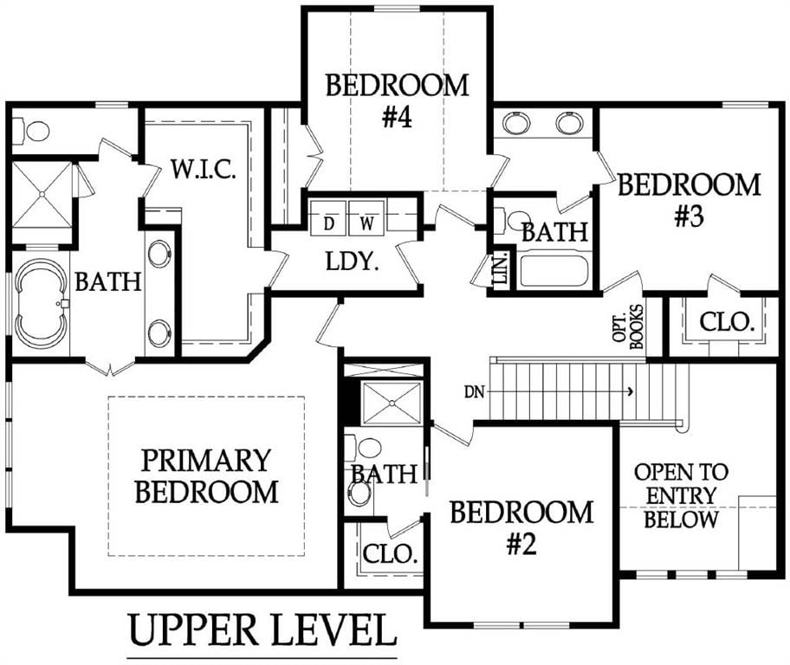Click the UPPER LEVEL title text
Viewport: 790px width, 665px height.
click(x=262, y=630)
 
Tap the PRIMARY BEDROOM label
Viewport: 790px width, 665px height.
click(x=206, y=476)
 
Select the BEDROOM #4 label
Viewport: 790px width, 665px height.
click(x=397, y=100)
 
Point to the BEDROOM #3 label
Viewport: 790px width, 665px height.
click(x=689, y=199)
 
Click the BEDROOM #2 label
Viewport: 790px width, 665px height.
click(x=521, y=527)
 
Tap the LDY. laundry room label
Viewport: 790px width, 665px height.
click(x=352, y=261)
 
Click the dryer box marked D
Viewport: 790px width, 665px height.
click(x=328, y=218)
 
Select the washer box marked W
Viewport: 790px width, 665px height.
click(x=366, y=218)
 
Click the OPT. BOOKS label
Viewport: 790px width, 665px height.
click(x=628, y=327)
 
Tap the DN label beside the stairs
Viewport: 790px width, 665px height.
click(x=474, y=392)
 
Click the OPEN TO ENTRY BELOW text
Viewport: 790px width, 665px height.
click(x=681, y=496)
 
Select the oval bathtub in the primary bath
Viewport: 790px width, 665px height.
click(x=41, y=303)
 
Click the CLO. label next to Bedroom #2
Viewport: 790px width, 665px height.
click(x=391, y=553)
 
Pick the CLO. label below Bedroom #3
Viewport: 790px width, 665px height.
click(x=727, y=322)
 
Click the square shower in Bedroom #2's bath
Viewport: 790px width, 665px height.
click(x=392, y=403)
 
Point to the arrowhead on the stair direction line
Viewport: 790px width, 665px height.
click(x=631, y=391)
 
